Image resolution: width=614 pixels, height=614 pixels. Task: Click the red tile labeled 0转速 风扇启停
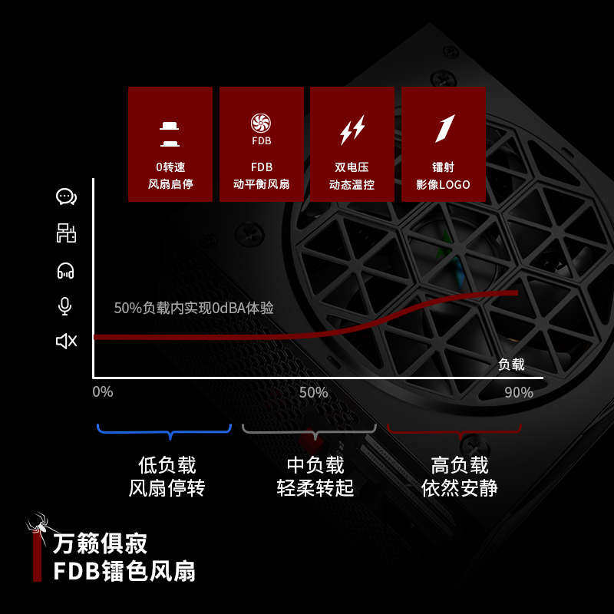click(170, 144)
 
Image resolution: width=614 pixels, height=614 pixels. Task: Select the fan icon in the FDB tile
click(261, 123)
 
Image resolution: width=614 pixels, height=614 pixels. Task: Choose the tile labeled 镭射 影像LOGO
click(443, 144)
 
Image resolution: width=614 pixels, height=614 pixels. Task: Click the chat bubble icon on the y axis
click(67, 197)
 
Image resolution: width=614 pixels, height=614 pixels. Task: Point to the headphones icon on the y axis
click(66, 270)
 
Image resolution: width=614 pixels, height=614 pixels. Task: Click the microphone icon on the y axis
click(65, 306)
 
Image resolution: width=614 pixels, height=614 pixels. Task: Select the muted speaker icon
click(67, 341)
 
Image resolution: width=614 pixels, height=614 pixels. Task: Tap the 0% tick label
click(102, 392)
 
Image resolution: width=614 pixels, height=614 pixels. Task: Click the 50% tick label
click(313, 392)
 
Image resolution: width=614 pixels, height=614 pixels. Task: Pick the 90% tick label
click(519, 392)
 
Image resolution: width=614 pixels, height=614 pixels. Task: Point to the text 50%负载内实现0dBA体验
click(193, 308)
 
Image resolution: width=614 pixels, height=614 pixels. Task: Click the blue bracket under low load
click(164, 431)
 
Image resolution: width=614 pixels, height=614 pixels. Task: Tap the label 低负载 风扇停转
click(167, 477)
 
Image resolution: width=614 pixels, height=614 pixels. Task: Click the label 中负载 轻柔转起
click(315, 477)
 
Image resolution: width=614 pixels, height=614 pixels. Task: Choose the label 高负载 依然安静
click(459, 477)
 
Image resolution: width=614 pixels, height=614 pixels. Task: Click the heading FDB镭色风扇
click(124, 571)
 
